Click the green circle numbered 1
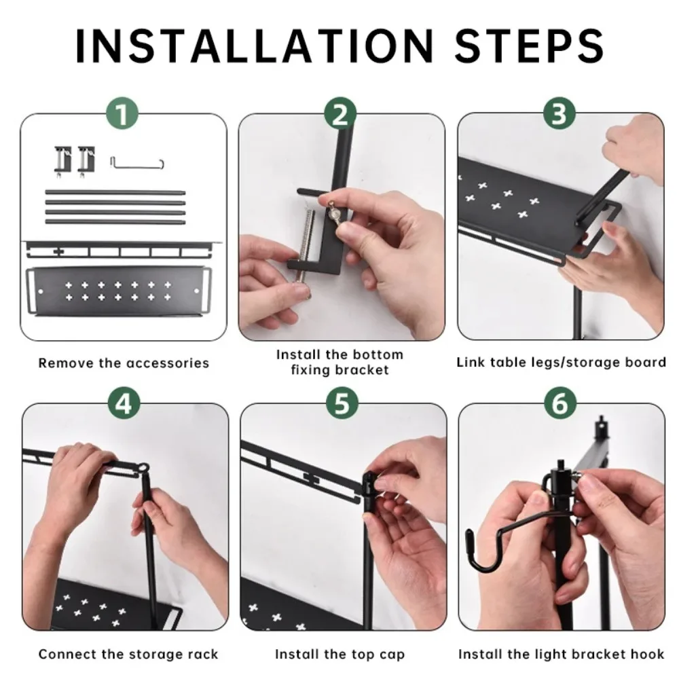[122, 114]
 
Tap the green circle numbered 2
[340, 114]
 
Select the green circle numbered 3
[559, 114]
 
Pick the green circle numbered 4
[124, 403]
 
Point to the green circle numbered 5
[342, 403]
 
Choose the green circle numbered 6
[560, 403]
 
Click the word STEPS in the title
[529, 46]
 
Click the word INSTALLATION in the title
[255, 46]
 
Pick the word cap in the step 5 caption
[392, 655]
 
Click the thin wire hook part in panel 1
[137, 164]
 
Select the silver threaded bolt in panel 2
[304, 251]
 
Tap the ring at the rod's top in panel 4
[144, 469]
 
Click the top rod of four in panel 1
[115, 193]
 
